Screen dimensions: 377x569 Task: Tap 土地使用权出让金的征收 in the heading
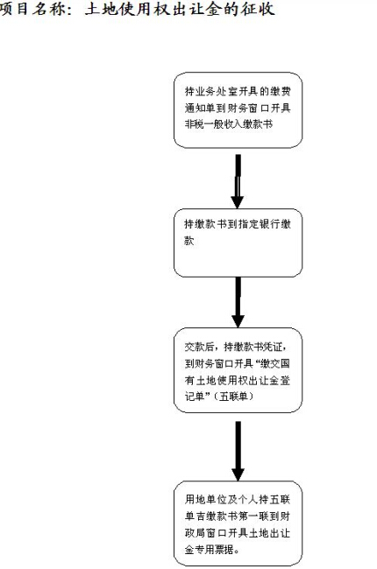coord(180,9)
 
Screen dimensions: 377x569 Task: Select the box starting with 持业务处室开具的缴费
coord(238,110)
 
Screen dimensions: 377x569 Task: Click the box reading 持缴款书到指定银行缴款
coord(238,242)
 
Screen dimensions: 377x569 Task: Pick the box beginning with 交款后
coord(238,370)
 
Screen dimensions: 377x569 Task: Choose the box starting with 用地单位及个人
coord(238,523)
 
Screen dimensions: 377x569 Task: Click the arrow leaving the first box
coord(238,181)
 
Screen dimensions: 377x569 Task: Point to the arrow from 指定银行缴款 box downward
coord(238,302)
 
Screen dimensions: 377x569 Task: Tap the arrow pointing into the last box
coord(238,451)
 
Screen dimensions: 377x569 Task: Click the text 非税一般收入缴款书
coord(229,124)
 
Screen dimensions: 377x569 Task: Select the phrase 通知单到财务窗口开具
coord(238,108)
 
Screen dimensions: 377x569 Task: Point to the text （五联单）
coord(233,396)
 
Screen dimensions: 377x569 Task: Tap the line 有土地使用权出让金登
coord(238,380)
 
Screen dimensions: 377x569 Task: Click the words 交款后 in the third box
coord(199,347)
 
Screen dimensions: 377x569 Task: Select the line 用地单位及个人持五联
coord(238,499)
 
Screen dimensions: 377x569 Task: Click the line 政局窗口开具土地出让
coord(238,533)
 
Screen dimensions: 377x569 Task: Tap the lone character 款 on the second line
coord(189,240)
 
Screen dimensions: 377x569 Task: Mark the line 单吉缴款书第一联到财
coord(238,516)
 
